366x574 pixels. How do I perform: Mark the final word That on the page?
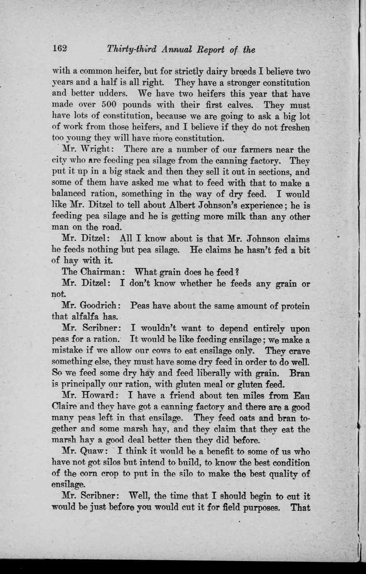tap(300, 507)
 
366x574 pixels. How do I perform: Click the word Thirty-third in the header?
tap(131, 49)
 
